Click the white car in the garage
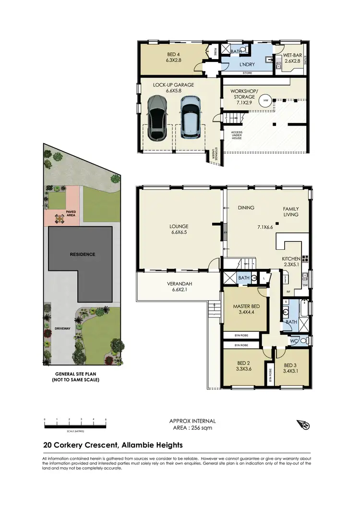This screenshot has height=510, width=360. coord(190,117)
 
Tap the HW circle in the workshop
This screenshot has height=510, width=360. coord(264,101)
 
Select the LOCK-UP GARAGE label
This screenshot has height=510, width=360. coord(173,85)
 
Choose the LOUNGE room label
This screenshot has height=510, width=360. coord(179,226)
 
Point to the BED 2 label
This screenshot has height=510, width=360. coord(244,364)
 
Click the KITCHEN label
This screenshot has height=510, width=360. coord(291,259)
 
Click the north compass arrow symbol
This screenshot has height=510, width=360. coord(303,425)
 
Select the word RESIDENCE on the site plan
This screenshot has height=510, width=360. coord(83,254)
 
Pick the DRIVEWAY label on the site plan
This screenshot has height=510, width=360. coord(62,328)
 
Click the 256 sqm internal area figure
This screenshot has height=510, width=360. coord(203,427)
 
